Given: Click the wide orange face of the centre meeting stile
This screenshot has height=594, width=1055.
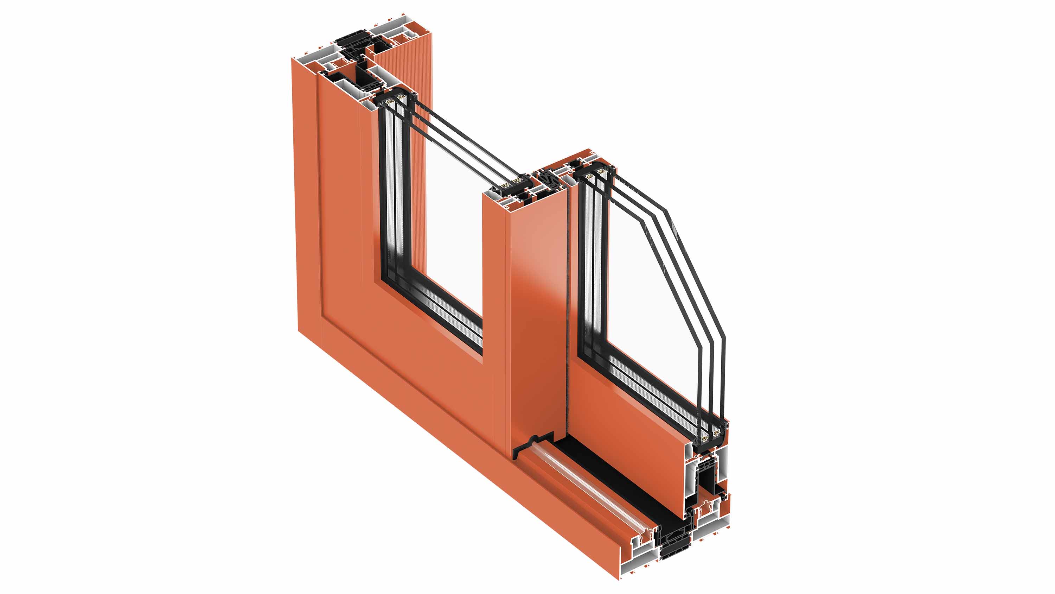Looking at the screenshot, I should click(537, 311).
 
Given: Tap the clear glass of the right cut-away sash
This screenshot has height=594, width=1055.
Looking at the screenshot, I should click(651, 308).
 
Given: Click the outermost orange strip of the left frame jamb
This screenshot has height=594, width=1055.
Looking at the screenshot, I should click(305, 197).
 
